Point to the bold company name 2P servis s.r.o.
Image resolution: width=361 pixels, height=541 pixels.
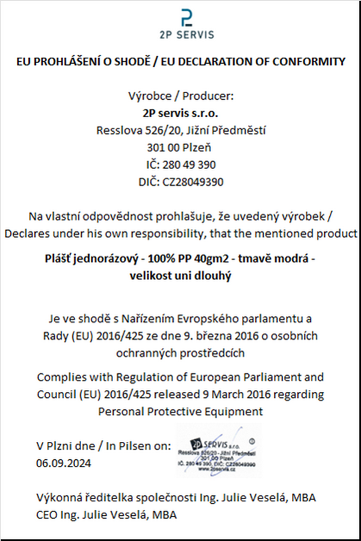(x=180, y=113)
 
